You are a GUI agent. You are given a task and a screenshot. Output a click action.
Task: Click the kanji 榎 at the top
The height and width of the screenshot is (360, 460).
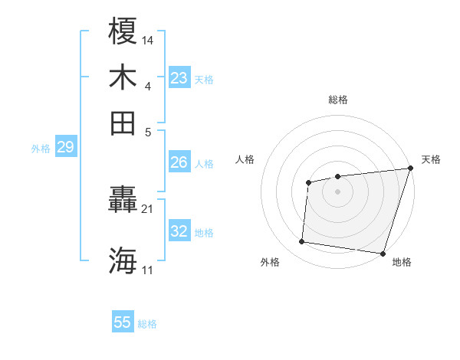[x=123, y=31]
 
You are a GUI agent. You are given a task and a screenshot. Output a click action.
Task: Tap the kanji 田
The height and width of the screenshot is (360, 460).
[x=123, y=123]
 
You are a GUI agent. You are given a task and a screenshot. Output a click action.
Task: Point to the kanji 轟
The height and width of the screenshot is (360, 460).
[x=123, y=201]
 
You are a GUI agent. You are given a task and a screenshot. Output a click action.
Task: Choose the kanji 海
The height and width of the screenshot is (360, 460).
[x=123, y=260]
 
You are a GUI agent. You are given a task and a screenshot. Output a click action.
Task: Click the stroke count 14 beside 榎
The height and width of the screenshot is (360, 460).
[x=148, y=39]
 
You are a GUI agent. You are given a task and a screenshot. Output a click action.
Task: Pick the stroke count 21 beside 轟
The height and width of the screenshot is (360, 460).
[x=147, y=208]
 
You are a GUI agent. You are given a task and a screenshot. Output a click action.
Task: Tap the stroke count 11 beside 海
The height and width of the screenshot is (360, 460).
[x=147, y=270]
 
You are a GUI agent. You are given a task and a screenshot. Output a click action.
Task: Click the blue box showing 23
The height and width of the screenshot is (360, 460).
[x=179, y=78]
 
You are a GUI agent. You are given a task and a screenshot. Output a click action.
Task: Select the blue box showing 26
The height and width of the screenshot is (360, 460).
[x=179, y=162]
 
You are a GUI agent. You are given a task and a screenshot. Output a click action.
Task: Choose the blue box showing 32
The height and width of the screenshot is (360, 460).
[x=179, y=231]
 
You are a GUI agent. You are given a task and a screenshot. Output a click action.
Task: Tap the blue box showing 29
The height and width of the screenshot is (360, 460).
[x=65, y=147]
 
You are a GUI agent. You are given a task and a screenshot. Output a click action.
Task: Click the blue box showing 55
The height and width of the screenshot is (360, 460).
[x=123, y=322]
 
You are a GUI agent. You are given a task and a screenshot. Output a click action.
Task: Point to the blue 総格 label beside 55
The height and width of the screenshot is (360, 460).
[x=148, y=324]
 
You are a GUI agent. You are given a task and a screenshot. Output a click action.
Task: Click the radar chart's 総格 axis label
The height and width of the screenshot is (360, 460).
[x=338, y=100]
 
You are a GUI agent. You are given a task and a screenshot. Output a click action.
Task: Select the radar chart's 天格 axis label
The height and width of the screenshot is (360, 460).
[x=431, y=159]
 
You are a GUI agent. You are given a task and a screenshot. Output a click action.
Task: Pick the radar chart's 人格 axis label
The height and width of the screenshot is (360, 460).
[x=245, y=159]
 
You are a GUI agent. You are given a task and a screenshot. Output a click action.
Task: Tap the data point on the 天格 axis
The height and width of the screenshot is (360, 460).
[x=409, y=169]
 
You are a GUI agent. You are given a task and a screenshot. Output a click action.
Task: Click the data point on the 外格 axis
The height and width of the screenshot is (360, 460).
[x=302, y=242]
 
